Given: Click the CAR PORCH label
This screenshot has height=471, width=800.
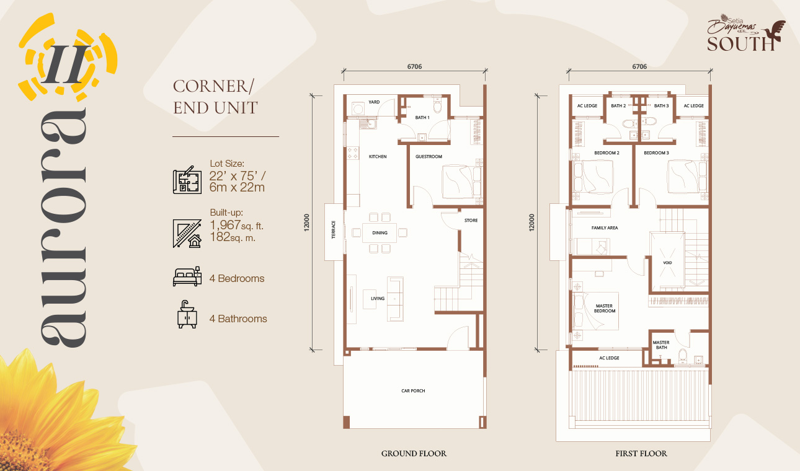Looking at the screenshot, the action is coord(413,390).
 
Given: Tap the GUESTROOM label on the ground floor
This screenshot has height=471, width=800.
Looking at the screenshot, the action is coord(429,156).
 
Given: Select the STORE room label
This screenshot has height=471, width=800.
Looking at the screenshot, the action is coord(471,221).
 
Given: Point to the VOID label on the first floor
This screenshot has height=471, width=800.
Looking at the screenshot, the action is coord(667,263).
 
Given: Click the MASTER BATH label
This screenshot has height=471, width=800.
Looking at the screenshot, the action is coord(661,345).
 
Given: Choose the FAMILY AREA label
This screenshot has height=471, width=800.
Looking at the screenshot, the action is coord(605,227).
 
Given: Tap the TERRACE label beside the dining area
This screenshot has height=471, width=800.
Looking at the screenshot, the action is coord(334,229).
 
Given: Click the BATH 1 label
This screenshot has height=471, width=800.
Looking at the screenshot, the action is coord(422,117).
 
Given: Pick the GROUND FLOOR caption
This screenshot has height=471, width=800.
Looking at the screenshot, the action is coord(414,454).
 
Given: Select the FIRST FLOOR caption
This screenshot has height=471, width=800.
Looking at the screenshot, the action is coord(641,454).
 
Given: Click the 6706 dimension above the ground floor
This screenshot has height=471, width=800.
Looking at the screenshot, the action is coord(415,66).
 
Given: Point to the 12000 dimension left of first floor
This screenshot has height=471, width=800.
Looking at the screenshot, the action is coord(532,222).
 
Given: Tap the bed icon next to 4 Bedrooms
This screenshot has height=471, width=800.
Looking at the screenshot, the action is coord(187,276).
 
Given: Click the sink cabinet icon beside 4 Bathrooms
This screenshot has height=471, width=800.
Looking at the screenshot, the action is coord(187,314).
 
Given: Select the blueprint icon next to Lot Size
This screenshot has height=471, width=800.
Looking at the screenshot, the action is coord(187,180).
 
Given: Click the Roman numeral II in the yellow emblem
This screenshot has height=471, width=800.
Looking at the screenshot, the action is coord(66,64).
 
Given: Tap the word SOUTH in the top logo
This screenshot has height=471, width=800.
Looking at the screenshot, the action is coord(740,44).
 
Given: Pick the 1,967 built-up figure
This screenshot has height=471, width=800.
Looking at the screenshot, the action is coord(225,225).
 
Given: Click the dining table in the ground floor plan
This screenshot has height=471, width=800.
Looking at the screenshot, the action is coord(380,232).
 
